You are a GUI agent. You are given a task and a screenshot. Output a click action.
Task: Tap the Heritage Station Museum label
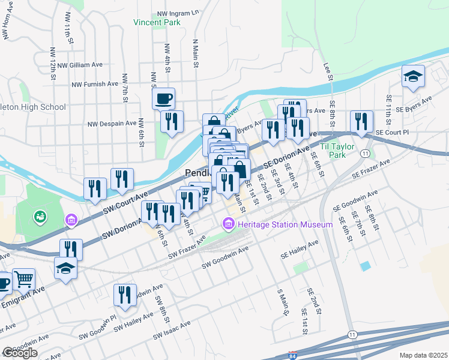tap(285, 224)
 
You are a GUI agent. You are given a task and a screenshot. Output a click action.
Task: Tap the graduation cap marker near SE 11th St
tap(413, 76)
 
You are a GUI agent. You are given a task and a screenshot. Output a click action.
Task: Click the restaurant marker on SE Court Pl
tap(361, 121)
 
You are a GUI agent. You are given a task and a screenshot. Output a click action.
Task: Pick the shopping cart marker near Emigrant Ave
tap(23, 278)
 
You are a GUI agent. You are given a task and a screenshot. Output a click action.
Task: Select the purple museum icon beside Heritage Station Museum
tap(228, 224)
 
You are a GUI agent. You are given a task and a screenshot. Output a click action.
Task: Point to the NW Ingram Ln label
tap(178, 12)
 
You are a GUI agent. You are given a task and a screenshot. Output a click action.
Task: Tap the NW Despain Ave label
tap(112, 124)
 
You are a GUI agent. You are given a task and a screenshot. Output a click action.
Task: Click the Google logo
tap(20, 353)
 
